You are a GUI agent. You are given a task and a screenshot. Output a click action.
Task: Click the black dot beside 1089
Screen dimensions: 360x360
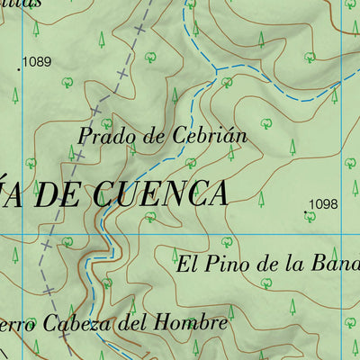pos(19,67)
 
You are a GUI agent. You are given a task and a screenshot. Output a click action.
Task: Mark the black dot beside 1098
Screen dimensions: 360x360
pos(304,213)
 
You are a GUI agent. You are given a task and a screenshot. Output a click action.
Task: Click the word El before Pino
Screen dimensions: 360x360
pos(186,265)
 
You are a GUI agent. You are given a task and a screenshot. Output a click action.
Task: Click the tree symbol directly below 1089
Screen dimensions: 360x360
pos(15,93)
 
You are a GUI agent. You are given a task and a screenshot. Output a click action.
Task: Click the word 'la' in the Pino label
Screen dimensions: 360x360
pos(288,265)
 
